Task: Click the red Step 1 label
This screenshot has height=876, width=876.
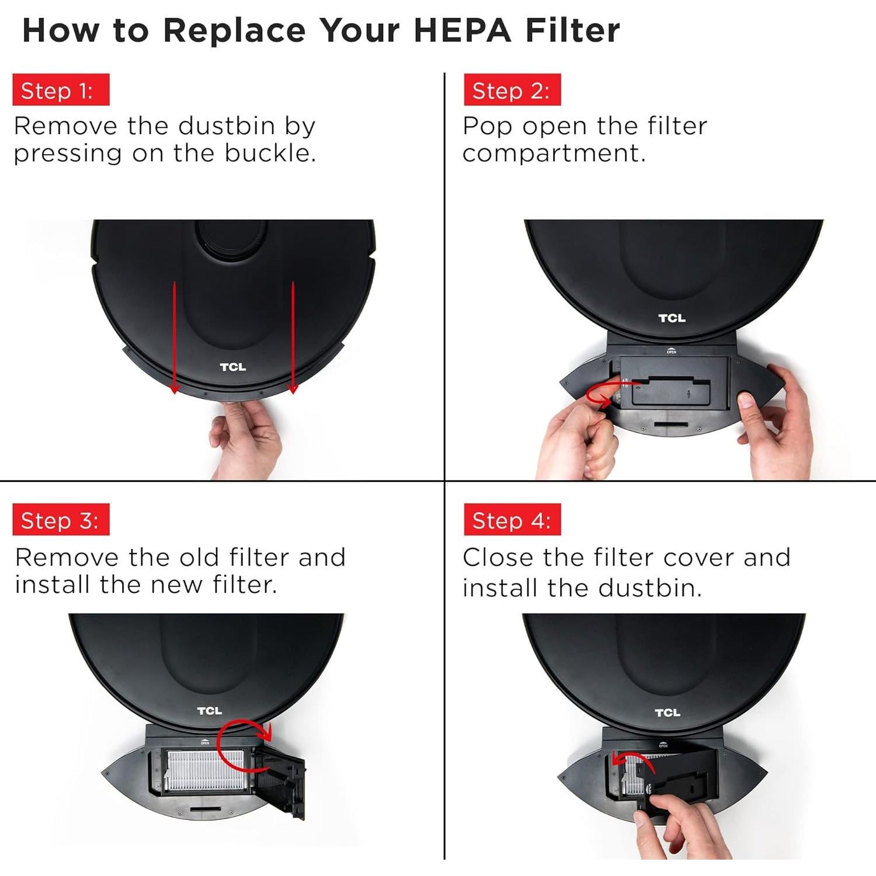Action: (61, 89)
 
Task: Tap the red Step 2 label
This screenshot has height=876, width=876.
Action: (512, 89)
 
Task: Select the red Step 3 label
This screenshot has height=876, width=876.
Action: (61, 519)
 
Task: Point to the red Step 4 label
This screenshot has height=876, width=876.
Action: (512, 519)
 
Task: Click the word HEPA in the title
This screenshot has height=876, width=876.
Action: (463, 30)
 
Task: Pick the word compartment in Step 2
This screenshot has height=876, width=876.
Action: (554, 154)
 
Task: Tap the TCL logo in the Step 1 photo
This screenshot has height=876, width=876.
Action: (232, 367)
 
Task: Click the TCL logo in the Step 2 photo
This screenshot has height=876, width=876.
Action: (672, 318)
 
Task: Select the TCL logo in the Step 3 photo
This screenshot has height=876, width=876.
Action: (209, 711)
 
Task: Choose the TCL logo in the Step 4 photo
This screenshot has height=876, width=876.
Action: (667, 712)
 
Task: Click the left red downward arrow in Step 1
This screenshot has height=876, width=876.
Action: (174, 338)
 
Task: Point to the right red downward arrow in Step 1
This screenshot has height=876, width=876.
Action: (293, 338)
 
